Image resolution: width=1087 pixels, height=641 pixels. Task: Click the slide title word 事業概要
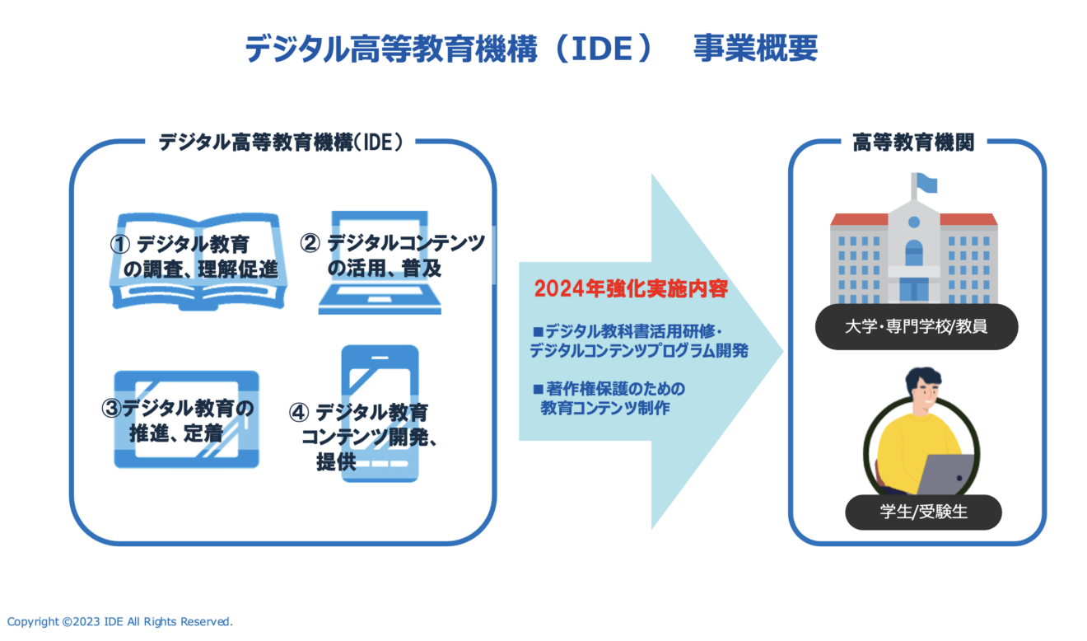pos(756,48)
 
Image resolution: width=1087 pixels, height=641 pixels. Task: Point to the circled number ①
pos(120,244)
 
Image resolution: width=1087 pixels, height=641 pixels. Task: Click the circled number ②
pos(310,243)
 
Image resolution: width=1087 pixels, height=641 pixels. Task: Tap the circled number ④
pos(299,412)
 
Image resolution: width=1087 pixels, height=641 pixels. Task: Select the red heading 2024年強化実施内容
pos(631,288)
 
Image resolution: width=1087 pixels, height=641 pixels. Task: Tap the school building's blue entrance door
pos(914,290)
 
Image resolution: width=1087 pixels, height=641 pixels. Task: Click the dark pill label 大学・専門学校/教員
pos(917,326)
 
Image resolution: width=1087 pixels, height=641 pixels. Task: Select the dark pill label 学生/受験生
pos(923,512)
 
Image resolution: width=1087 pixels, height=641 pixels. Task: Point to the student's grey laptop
pos(946,475)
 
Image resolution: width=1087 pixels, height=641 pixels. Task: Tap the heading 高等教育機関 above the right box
pos(913,143)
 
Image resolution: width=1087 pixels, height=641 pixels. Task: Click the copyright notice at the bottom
pos(120,621)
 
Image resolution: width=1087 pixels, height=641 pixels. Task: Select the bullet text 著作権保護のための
pos(615,389)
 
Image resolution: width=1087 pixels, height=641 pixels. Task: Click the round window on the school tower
pos(914,222)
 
